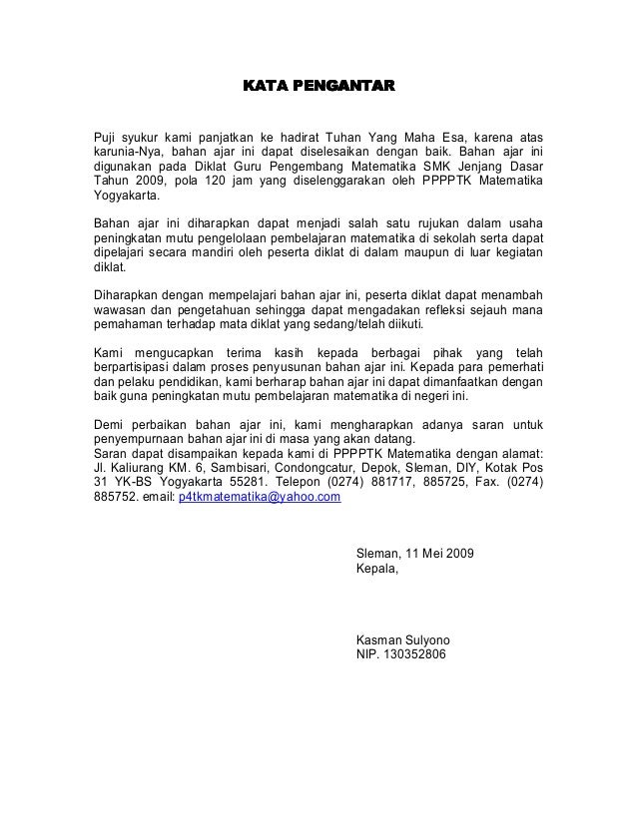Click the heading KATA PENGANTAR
[318, 86]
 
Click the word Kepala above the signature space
[375, 570]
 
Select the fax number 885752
[112, 495]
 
